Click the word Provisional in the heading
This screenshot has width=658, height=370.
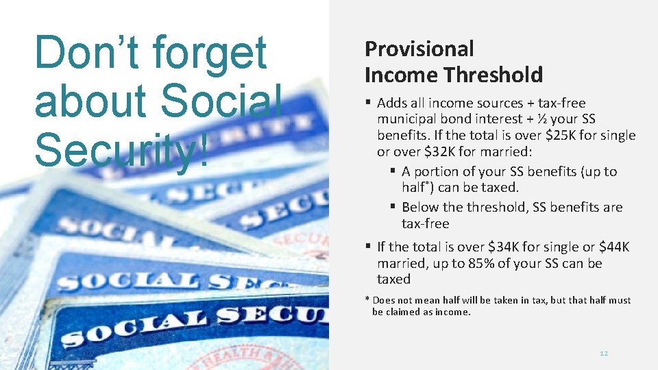[419, 49]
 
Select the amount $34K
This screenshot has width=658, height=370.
[505, 247]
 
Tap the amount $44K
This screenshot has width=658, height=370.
[614, 247]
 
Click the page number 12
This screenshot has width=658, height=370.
[604, 354]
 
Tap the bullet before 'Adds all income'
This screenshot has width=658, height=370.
[368, 103]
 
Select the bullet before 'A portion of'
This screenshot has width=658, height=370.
[393, 171]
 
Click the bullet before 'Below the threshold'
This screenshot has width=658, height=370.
[393, 207]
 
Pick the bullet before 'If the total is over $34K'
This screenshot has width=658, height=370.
[368, 247]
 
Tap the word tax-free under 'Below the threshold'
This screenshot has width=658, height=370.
[425, 224]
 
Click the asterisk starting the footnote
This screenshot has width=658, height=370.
[367, 300]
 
